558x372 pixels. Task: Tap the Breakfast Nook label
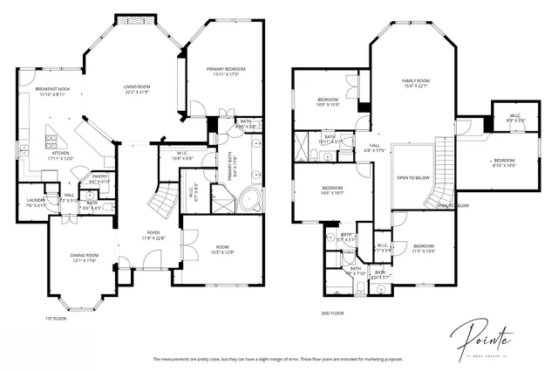point(52,89)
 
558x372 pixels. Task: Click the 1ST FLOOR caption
point(56,319)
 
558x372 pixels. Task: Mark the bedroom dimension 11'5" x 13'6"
point(424,251)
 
